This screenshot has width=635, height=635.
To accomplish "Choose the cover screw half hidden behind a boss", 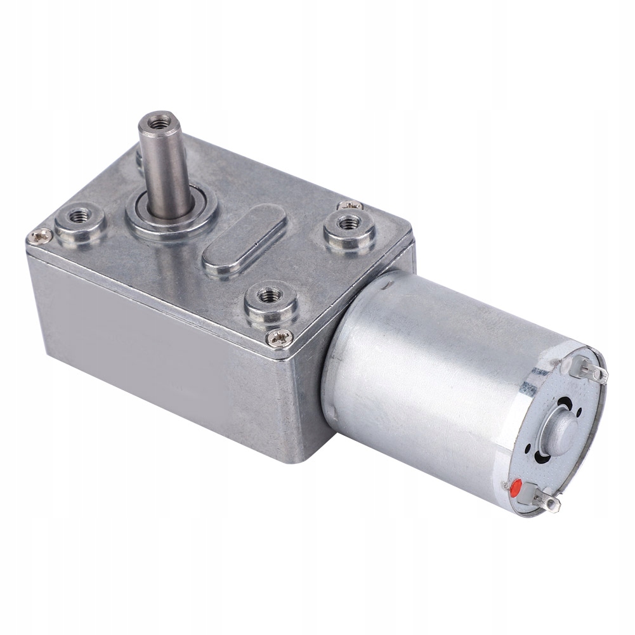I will pos(350,205).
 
